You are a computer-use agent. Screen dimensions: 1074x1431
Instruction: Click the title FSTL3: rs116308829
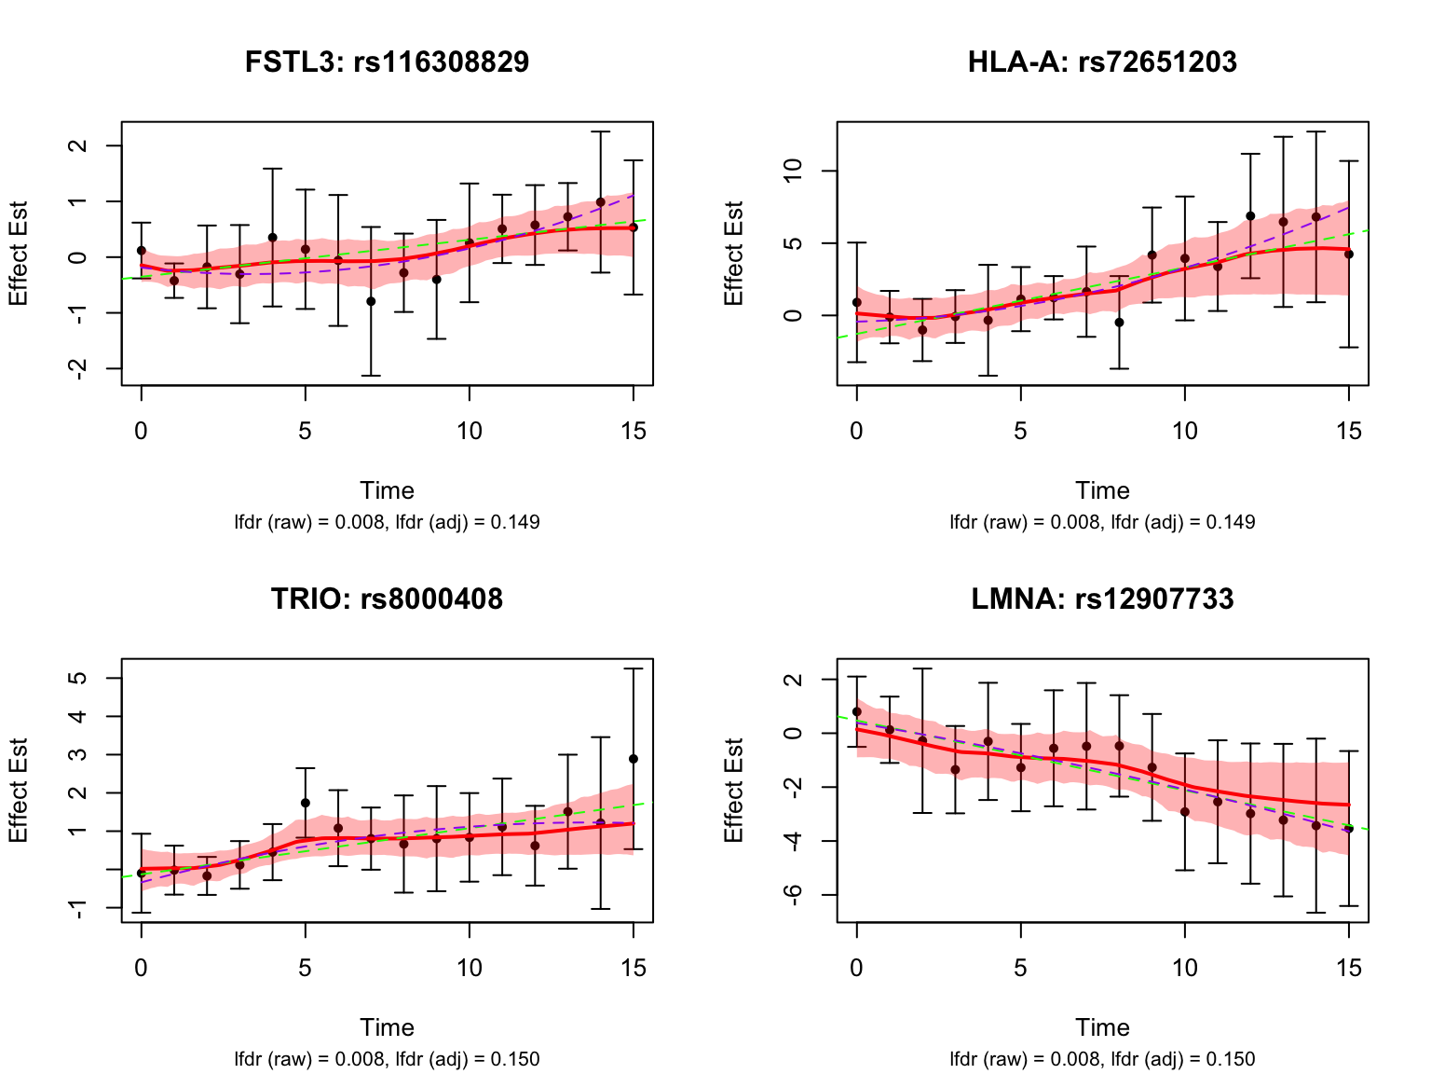click(387, 62)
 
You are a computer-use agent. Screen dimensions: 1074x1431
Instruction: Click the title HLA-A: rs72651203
click(1102, 62)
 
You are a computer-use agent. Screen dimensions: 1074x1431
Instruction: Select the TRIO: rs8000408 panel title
click(387, 599)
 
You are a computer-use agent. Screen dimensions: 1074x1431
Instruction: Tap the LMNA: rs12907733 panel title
click(1102, 599)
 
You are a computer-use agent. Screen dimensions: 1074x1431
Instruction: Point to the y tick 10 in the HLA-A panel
click(793, 171)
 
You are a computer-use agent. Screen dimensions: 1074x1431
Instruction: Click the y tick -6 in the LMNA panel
click(793, 895)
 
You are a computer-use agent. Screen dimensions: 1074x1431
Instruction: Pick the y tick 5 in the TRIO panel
click(78, 678)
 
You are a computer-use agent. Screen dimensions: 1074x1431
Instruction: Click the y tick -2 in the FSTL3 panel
click(78, 369)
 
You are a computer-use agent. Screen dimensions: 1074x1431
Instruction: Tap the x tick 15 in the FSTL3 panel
click(634, 431)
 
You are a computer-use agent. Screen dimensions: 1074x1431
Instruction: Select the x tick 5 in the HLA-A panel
click(1021, 431)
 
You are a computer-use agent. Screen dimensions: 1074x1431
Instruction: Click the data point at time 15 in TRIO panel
click(634, 759)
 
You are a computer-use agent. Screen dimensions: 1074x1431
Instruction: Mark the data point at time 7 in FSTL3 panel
click(371, 301)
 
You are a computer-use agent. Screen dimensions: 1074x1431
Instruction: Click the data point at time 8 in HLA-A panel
click(1120, 323)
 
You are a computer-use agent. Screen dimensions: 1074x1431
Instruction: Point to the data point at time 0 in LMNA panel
click(857, 711)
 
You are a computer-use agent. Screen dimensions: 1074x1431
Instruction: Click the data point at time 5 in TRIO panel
click(306, 803)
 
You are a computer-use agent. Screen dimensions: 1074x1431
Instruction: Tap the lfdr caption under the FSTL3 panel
click(387, 522)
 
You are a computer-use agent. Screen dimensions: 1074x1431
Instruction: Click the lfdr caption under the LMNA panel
click(1102, 1059)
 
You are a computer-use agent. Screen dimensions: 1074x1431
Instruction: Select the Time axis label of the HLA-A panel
click(1102, 490)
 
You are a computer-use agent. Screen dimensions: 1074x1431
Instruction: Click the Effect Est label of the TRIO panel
click(19, 791)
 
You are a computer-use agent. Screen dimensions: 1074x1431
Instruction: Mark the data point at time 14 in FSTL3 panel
click(601, 202)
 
